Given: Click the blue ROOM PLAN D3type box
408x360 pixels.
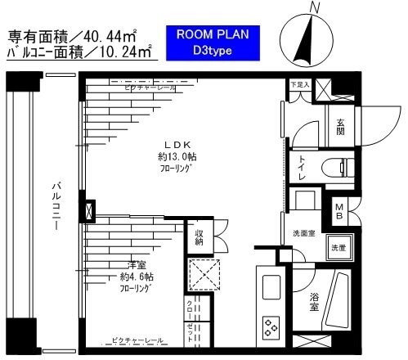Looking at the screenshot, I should (212, 43).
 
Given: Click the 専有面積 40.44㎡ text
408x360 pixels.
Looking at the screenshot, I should (72, 36).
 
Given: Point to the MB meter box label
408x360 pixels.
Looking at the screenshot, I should (339, 210).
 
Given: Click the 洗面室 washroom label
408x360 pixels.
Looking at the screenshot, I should (304, 235).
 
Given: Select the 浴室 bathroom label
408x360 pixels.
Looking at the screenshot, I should (315, 299).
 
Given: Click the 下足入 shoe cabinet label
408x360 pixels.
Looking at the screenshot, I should (299, 83).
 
